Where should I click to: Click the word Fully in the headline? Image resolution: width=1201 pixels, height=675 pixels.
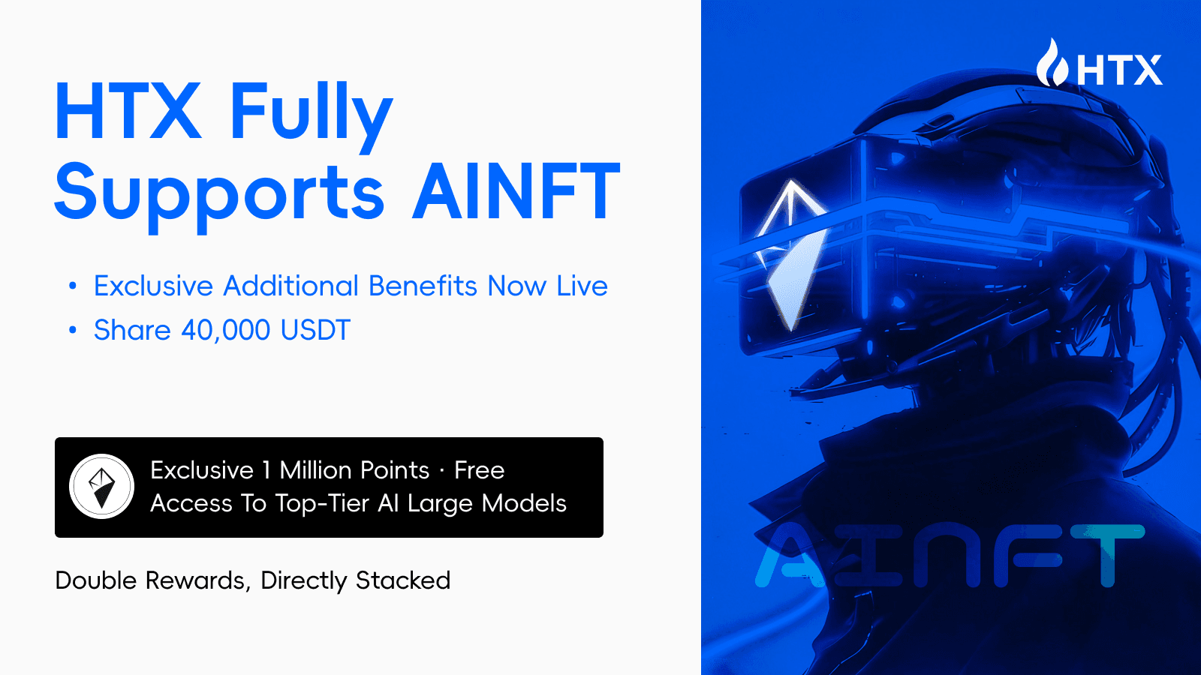click(311, 112)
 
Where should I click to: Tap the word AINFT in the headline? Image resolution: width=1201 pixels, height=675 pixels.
click(516, 192)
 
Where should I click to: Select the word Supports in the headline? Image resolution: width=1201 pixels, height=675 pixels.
click(219, 193)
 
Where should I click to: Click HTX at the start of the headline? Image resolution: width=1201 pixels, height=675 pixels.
click(128, 112)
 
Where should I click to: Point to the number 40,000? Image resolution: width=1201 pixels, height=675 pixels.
click(225, 330)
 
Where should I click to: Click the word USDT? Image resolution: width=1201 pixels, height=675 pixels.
click(315, 330)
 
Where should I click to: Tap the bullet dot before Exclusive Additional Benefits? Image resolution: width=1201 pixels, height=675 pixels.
click(73, 286)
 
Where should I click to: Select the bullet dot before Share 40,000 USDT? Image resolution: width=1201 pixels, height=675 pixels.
click(73, 330)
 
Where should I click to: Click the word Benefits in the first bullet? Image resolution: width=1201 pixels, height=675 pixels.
click(423, 286)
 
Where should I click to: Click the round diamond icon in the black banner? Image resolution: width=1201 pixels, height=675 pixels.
click(102, 487)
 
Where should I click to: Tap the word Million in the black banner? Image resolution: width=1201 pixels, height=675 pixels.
click(354, 470)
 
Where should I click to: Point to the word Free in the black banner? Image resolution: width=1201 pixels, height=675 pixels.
click(479, 470)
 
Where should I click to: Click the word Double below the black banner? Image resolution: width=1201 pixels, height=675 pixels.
click(96, 580)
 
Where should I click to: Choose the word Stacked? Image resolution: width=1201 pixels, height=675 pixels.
click(403, 580)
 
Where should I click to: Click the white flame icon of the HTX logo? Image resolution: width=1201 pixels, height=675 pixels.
click(1052, 64)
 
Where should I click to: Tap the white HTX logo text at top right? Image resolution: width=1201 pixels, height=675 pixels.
click(1119, 70)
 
